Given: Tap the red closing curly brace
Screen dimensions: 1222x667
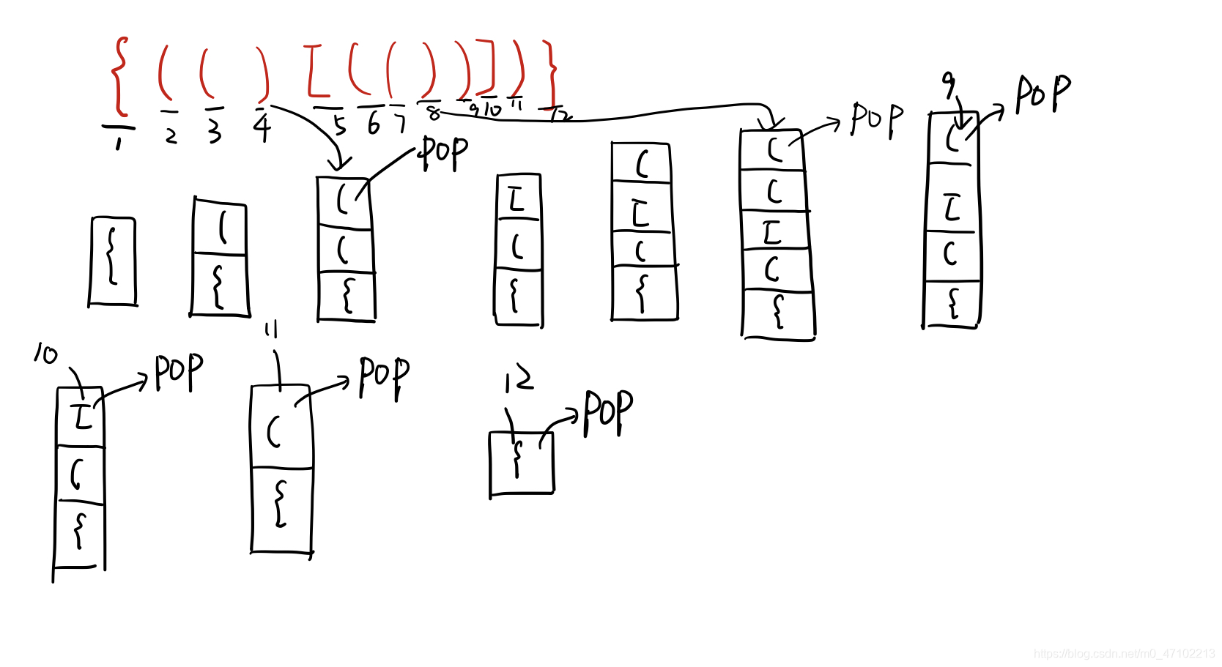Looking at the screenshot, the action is (551, 73).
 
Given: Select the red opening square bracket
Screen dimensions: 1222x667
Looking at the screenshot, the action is (315, 71).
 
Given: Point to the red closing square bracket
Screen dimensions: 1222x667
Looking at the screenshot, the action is (486, 67).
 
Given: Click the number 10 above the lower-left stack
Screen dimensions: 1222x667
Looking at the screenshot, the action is (45, 354).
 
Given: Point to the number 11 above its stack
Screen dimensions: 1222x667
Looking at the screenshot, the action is (271, 330).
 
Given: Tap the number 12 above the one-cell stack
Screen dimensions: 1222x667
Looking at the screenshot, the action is (519, 379).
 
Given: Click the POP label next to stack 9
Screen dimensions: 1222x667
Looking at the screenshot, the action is (1043, 94).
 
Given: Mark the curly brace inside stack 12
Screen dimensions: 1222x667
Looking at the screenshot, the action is (518, 458).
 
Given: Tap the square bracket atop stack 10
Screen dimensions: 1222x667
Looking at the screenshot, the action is (83, 416).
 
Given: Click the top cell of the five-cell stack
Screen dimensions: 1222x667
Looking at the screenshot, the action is (773, 150).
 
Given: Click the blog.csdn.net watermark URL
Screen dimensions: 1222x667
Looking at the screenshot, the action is (1124, 653).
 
